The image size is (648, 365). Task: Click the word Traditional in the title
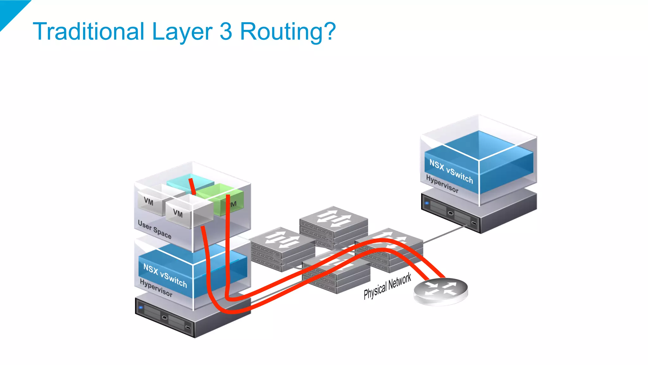coord(89,31)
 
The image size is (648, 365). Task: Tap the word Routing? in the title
coord(288,32)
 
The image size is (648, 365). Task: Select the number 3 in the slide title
coord(226,31)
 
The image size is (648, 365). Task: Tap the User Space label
coord(154,230)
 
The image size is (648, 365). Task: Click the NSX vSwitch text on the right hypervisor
coord(451,171)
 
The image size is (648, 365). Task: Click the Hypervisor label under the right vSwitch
coord(442,184)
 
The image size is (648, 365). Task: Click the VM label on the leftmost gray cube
coord(148,201)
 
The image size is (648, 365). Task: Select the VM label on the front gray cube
coord(178,214)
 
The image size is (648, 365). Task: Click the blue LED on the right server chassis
coord(427,203)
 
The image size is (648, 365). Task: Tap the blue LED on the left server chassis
coord(141,307)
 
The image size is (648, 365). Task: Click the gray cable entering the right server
coord(449,233)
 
